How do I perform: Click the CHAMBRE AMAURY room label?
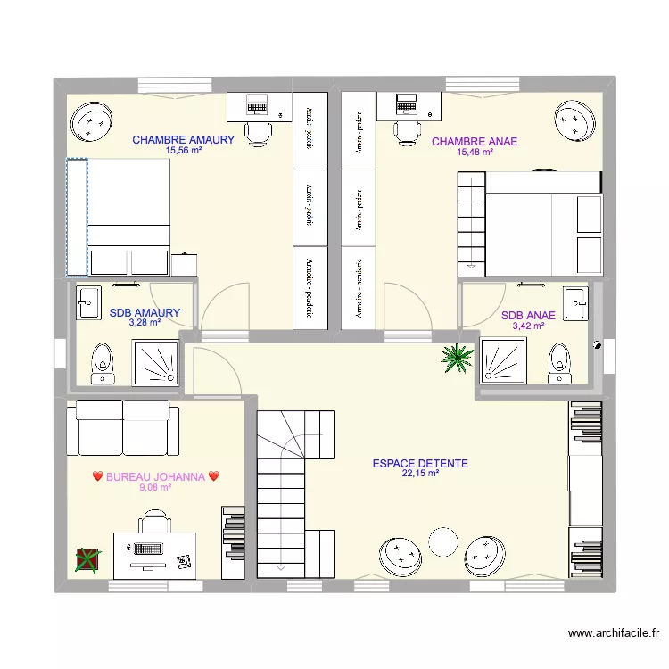183,140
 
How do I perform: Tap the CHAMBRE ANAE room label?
474,142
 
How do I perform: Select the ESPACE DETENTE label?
420,464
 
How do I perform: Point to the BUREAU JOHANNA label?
155,477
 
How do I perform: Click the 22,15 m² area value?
420,475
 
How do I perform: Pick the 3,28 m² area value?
145,323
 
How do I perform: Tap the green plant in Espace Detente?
457,358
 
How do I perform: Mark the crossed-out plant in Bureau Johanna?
87,559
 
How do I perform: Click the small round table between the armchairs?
442,541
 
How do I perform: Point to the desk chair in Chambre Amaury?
259,131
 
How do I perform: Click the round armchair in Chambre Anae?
575,120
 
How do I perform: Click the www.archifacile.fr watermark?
615,633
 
